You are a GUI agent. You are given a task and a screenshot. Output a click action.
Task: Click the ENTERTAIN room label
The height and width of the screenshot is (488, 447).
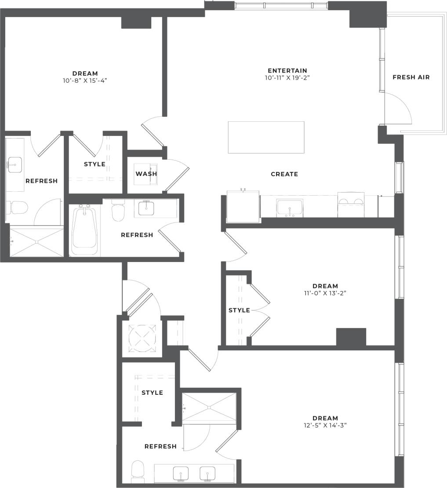point(287,70)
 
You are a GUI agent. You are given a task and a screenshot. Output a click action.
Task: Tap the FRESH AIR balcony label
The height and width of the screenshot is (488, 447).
point(411,77)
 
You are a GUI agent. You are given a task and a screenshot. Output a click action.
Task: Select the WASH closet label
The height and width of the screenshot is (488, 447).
point(146,174)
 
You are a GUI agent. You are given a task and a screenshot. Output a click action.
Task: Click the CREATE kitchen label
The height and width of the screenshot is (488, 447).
point(284,174)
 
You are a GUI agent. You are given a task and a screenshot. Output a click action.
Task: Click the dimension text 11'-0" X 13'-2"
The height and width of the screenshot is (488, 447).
point(325,293)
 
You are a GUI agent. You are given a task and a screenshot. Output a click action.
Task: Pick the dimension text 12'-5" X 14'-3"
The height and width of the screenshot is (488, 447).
point(325,425)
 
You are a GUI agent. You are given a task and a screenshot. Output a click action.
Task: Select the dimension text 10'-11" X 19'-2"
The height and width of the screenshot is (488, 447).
point(287,78)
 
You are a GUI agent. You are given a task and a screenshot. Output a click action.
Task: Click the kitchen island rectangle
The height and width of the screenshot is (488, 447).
point(266,137)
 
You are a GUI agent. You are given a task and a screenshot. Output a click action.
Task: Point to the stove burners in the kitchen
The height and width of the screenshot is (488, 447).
point(351,204)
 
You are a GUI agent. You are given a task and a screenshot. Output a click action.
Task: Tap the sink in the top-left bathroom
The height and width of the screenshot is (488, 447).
point(15,165)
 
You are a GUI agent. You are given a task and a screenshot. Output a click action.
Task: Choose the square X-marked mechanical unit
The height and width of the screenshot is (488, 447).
point(142,337)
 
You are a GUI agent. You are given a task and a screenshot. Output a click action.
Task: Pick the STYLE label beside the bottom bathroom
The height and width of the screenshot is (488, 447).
point(152,393)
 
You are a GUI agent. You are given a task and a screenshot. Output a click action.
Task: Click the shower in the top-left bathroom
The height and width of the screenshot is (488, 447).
point(36,242)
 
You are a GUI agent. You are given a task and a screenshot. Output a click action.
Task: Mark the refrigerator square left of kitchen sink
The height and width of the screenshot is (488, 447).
point(243,207)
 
